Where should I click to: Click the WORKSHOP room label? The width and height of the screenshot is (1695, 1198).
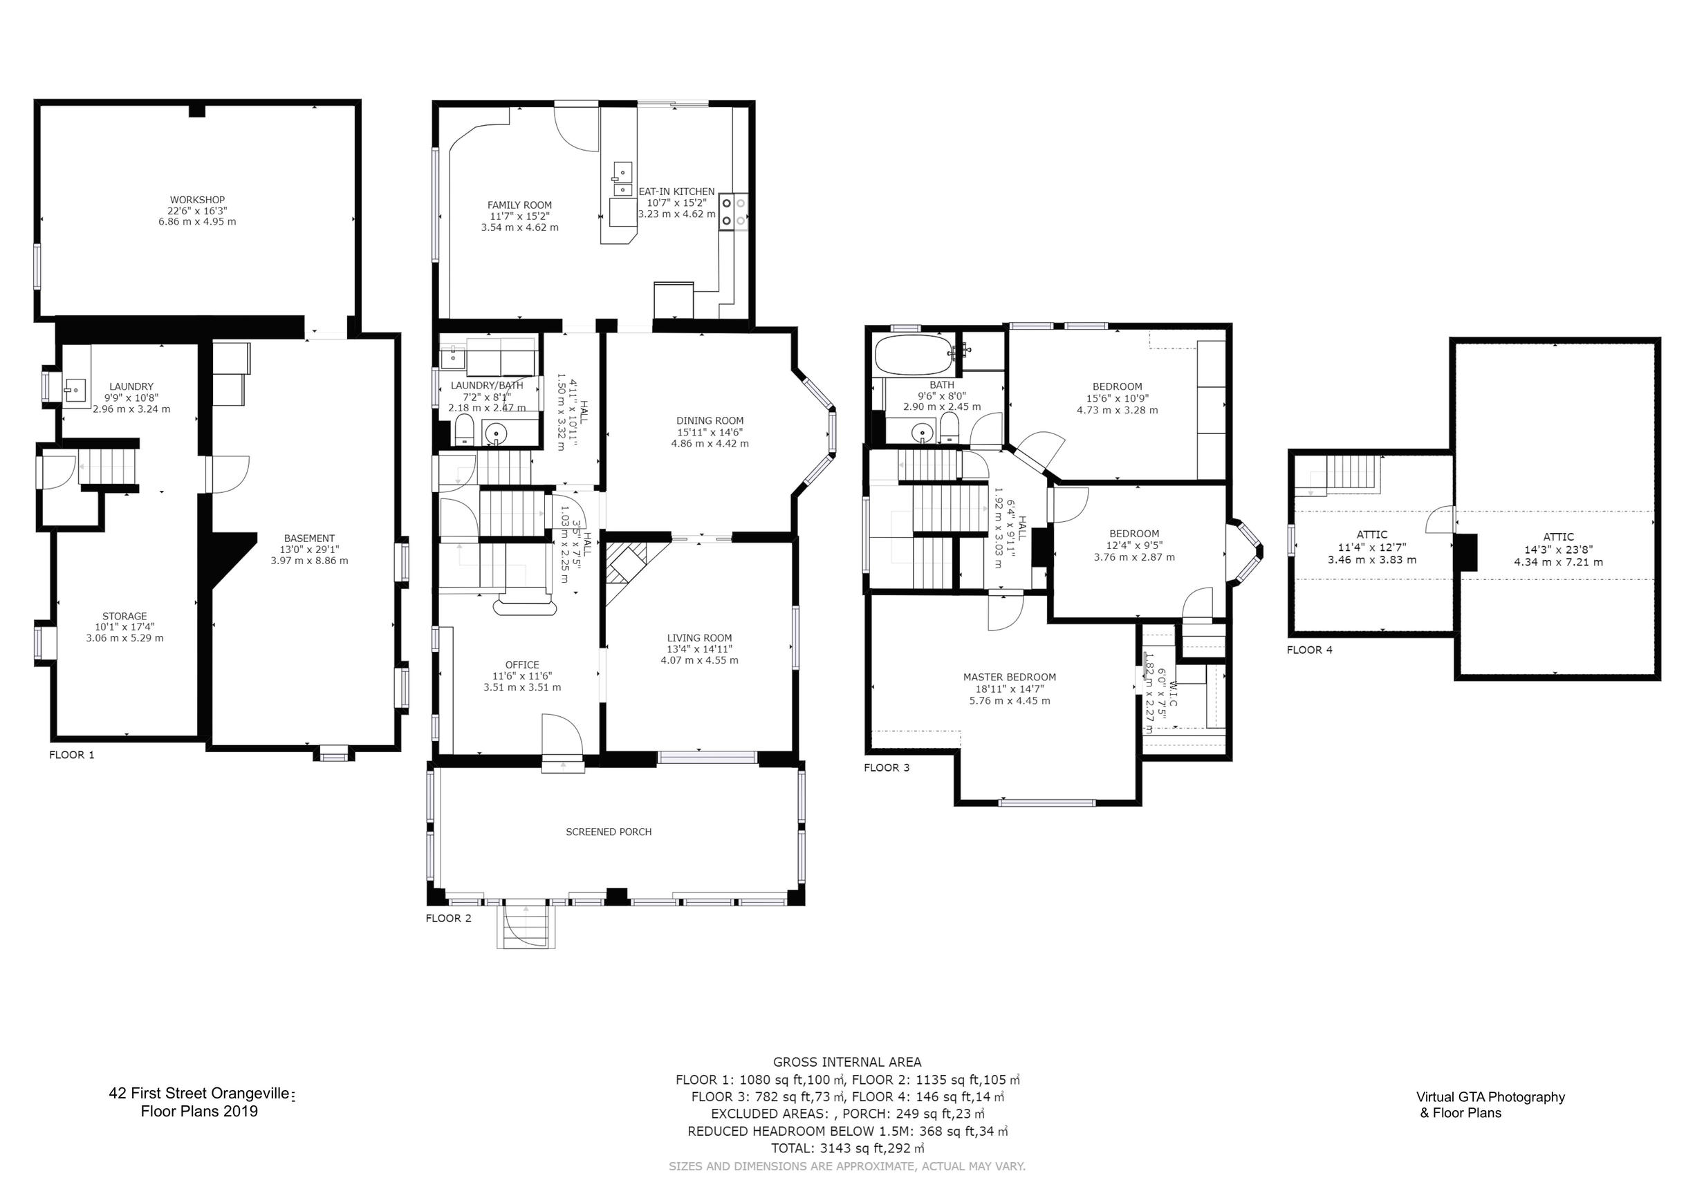click(197, 200)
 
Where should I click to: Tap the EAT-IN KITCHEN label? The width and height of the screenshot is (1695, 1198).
click(676, 192)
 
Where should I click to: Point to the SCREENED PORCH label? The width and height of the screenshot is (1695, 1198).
click(609, 832)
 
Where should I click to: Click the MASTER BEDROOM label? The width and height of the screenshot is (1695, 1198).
click(1009, 677)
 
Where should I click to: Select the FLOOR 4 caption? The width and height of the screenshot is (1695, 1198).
click(1310, 650)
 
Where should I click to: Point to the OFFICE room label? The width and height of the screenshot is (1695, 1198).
click(522, 665)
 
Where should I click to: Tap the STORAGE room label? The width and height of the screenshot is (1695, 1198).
click(124, 617)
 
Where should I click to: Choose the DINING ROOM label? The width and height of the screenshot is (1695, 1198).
click(710, 421)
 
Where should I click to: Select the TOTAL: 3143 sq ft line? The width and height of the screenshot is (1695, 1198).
click(846, 1148)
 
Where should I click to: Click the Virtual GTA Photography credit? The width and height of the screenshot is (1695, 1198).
click(1490, 1097)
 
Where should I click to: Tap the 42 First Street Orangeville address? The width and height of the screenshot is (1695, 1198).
click(201, 1094)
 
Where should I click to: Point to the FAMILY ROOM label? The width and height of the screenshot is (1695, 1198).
click(519, 205)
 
